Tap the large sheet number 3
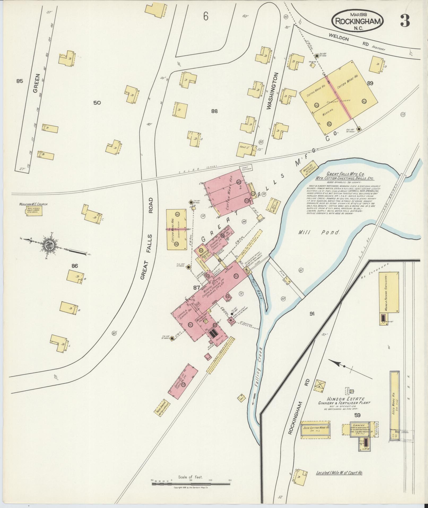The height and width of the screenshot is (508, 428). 405,20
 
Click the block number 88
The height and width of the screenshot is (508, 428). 214,111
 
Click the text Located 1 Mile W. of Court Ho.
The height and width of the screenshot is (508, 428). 339,473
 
